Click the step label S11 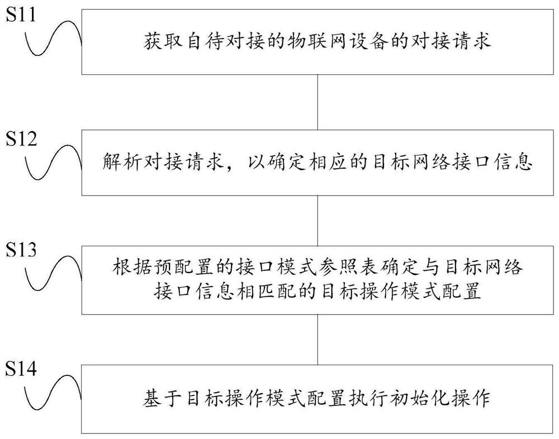tap(21, 15)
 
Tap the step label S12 tap(21, 139)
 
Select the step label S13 tap(21, 250)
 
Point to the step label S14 tap(21, 369)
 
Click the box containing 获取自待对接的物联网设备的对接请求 tap(317, 42)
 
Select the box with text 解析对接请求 tap(317, 163)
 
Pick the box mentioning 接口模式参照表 tap(317, 279)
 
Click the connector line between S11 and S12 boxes tap(318, 102)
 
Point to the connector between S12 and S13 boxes tap(318, 219)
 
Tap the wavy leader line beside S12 tap(53, 163)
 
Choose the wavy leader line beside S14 tap(53, 395)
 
